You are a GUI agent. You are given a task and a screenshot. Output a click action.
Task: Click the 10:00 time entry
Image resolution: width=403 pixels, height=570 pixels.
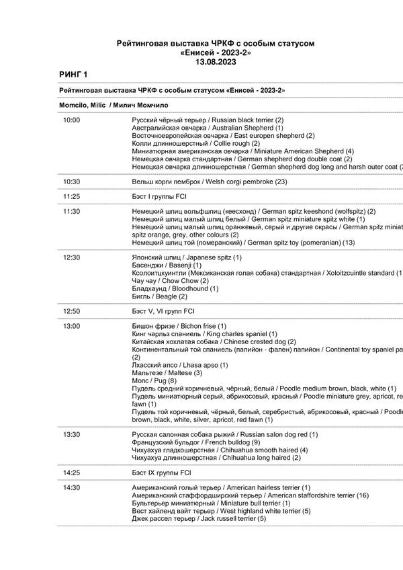(71, 119)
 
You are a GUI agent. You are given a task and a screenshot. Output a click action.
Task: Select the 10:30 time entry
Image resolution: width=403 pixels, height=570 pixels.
(71, 181)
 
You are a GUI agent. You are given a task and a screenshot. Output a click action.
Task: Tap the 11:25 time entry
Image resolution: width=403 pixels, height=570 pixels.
(71, 196)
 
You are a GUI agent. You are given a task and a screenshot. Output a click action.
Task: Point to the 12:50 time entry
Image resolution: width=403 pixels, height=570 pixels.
(71, 311)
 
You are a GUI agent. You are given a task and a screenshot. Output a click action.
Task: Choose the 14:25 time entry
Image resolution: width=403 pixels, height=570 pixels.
(71, 473)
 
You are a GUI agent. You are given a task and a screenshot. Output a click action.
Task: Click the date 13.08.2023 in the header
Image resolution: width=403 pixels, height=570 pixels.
(216, 60)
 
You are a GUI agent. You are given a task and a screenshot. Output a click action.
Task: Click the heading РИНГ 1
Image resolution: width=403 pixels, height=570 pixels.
(73, 73)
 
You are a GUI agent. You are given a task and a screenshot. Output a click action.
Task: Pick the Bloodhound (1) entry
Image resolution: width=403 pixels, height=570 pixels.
(175, 288)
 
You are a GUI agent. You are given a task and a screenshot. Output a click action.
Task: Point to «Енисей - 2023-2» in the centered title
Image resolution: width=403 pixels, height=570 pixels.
(216, 52)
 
